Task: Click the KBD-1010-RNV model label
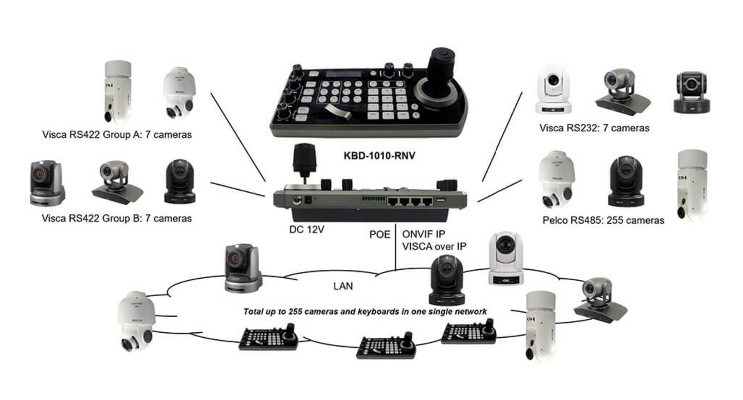379,154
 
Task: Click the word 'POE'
380,234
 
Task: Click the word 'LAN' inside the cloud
343,286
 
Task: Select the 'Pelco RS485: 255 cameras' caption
603,221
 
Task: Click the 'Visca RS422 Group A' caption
117,135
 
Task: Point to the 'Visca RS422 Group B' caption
117,219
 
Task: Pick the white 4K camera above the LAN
505,258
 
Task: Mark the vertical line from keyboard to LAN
395,247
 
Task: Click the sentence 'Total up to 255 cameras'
365,312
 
